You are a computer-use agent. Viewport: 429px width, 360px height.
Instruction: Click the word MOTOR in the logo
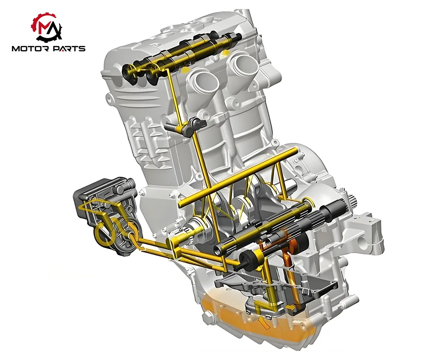coord(30,48)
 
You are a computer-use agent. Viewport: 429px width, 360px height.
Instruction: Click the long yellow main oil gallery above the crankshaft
coord(238,177)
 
